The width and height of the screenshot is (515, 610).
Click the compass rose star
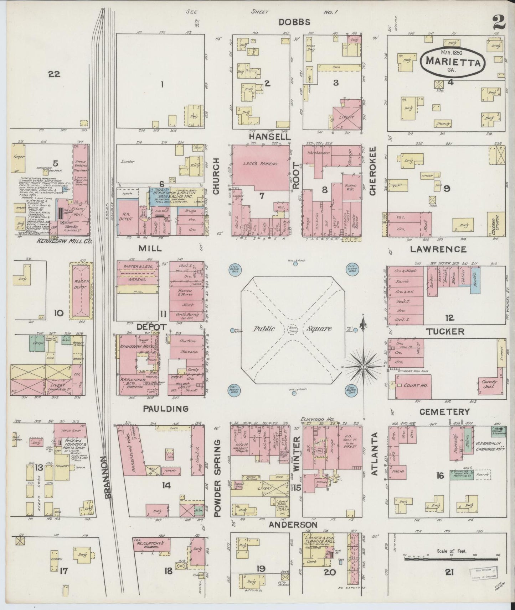tap(363, 366)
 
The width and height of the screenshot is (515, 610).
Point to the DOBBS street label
tap(294, 22)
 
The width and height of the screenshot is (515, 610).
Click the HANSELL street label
tap(270, 136)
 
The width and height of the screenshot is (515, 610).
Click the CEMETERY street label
tap(444, 412)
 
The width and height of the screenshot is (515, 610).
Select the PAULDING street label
tap(166, 409)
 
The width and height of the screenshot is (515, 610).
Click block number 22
tap(54, 74)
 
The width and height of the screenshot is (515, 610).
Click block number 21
tap(449, 572)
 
